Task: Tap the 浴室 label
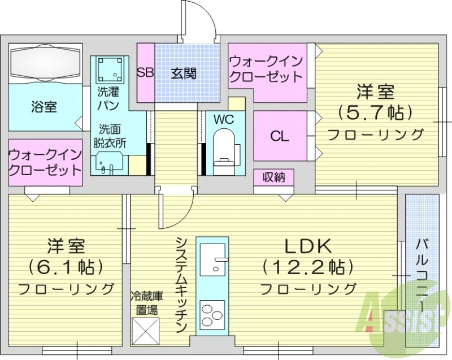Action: click(x=44, y=107)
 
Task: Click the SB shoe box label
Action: click(x=146, y=73)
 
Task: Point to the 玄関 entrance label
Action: click(x=184, y=73)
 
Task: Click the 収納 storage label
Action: click(x=273, y=178)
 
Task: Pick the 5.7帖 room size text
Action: click(x=375, y=112)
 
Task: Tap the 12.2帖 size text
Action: click(x=308, y=266)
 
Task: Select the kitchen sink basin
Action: click(x=212, y=259)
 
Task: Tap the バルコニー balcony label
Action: click(x=422, y=271)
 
